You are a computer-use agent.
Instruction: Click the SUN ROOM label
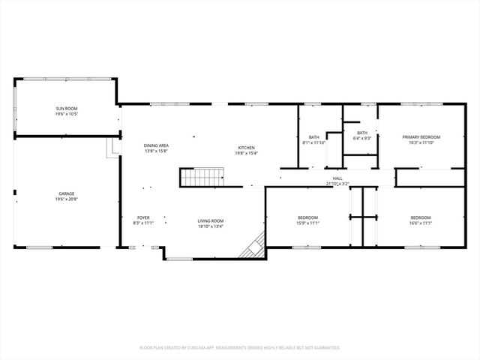pos(66,109)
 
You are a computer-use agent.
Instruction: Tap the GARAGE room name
pos(66,193)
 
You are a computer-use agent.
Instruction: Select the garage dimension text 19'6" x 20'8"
pos(66,199)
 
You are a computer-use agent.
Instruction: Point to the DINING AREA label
pos(156,145)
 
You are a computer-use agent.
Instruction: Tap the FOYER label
pos(143,217)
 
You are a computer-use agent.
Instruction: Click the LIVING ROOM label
pos(211,220)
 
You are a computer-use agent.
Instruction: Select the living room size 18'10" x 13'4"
pos(211,226)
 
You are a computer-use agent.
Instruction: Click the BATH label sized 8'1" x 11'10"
pos(313,136)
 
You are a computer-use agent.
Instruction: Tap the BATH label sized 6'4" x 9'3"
pos(362,133)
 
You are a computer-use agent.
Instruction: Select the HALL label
pos(337,178)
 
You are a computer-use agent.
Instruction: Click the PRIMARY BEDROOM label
pos(421,136)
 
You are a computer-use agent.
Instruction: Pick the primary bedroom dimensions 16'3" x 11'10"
pos(421,142)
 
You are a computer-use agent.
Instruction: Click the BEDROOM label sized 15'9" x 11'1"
pos(308,217)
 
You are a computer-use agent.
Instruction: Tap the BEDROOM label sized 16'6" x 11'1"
pos(421,217)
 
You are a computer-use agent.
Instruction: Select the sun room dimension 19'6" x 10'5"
pos(66,115)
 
